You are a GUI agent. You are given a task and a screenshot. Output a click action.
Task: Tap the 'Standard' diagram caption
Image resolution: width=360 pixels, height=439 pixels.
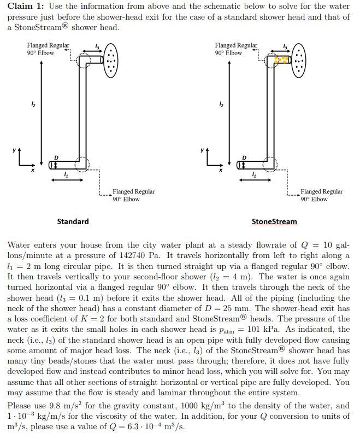click(73, 221)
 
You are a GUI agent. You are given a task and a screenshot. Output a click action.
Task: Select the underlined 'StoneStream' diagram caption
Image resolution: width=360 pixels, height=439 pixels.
click(274, 221)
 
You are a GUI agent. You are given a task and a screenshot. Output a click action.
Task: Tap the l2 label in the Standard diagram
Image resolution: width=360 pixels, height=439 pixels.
click(32, 104)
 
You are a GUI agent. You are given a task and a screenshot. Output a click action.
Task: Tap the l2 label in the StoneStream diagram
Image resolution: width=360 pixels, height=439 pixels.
click(221, 104)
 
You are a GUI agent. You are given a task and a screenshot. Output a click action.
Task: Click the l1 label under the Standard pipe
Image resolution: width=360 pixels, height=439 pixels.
click(66, 174)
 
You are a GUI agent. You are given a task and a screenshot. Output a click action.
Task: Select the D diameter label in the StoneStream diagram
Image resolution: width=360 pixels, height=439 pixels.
click(244, 157)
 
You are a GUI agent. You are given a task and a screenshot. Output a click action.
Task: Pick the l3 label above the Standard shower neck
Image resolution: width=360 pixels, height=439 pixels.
click(97, 45)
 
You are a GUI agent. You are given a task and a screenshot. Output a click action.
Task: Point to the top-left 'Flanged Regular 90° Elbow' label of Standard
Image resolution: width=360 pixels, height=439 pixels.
click(48, 49)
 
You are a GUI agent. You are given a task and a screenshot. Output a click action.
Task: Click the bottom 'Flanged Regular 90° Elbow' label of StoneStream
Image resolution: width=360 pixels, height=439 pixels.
click(321, 195)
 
